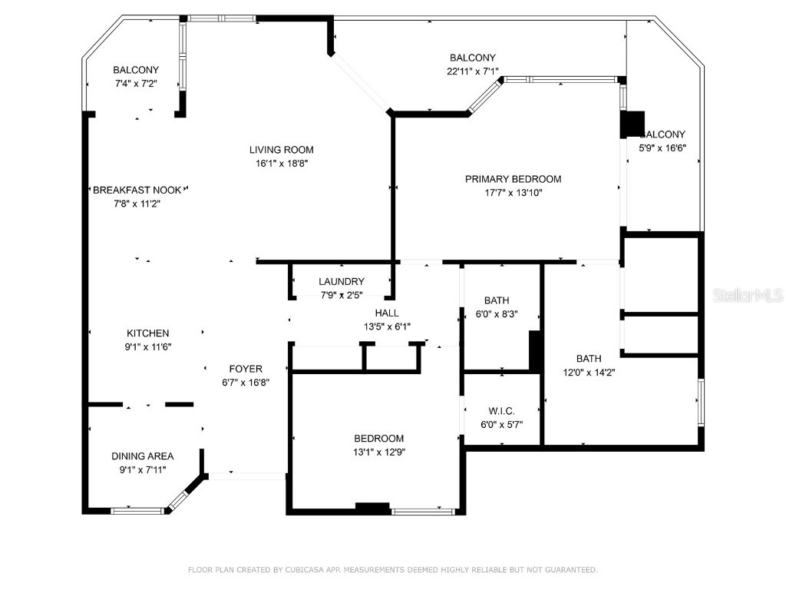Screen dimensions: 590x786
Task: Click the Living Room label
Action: click(x=281, y=150)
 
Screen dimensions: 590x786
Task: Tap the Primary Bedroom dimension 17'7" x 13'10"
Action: click(x=513, y=193)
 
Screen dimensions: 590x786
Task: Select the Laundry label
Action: click(x=342, y=282)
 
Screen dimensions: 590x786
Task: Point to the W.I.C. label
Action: click(x=502, y=410)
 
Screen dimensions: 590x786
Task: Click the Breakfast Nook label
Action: click(x=137, y=190)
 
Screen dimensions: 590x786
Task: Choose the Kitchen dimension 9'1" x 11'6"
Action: click(x=148, y=346)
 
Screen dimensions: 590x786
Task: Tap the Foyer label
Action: click(x=246, y=369)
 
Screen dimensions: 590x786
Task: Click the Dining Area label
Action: click(x=143, y=456)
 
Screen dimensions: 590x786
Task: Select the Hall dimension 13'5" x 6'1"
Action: click(x=387, y=326)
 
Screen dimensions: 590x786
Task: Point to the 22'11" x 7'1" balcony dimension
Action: click(x=472, y=71)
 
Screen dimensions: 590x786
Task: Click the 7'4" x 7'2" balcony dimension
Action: click(x=136, y=84)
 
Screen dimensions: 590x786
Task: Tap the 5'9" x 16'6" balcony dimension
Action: click(x=662, y=148)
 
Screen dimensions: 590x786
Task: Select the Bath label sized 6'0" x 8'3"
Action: click(x=497, y=300)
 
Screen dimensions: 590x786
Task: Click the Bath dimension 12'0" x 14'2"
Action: click(x=589, y=372)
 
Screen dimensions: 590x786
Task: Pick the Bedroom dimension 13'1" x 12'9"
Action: click(x=378, y=452)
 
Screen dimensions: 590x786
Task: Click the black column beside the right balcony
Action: click(x=632, y=124)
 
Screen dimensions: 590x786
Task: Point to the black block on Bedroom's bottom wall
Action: click(x=372, y=507)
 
